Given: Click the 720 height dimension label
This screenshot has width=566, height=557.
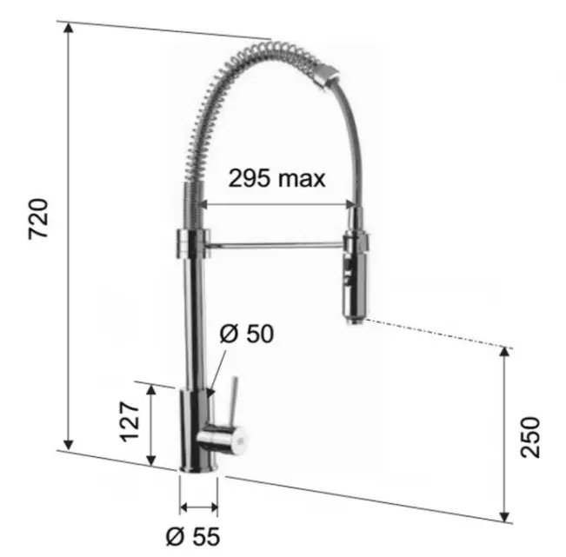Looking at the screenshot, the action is click(x=38, y=219).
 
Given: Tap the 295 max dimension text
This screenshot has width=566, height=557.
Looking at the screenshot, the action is click(x=276, y=179).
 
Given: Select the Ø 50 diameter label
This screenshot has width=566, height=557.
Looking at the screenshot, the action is click(x=247, y=334).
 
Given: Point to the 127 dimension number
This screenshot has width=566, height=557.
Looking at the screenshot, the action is click(x=130, y=421).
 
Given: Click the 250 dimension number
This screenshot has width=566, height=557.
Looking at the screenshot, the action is click(x=530, y=437).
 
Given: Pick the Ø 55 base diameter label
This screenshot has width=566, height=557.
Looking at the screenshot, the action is click(x=193, y=537).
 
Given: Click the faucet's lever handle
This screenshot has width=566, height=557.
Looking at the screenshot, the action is click(x=234, y=401).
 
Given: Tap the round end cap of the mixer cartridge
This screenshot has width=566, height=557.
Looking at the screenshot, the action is click(x=240, y=441).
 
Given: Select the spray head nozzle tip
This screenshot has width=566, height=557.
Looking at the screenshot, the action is click(x=354, y=320).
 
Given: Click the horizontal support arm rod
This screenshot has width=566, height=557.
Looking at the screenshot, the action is click(x=275, y=246).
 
